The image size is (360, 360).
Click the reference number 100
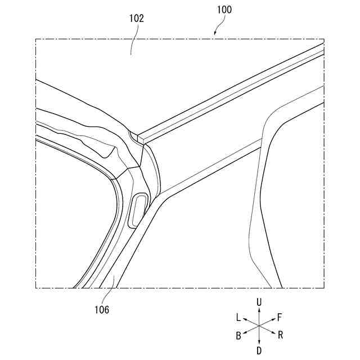tap(223, 10)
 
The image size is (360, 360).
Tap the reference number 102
tap(136, 18)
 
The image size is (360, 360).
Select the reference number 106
tap(102, 309)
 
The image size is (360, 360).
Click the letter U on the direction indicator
tap(259, 303)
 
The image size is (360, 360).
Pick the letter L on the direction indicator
tap(238, 317)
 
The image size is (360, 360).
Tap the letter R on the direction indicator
tap(280, 335)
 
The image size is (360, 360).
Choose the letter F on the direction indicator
tap(280, 317)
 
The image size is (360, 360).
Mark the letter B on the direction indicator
tap(238, 336)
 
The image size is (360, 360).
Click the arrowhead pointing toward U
tap(259, 310)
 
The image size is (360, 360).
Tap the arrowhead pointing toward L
tap(245, 319)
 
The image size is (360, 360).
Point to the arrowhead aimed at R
tap(273, 333)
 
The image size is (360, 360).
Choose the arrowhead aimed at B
tap(245, 333)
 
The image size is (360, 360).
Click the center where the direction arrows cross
tap(259, 326)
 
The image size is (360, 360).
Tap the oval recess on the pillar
tap(138, 209)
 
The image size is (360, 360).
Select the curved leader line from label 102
tap(133, 39)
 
